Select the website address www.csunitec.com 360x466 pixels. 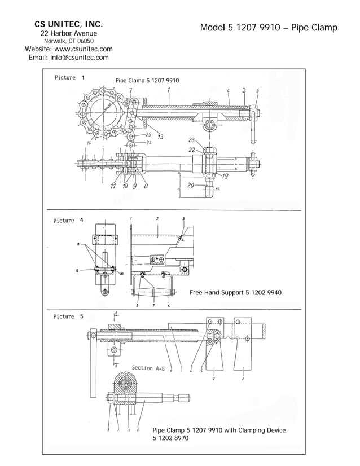click(83, 49)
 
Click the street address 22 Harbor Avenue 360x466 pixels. click(68, 33)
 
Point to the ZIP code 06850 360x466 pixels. click(85, 41)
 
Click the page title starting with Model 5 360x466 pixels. click(268, 28)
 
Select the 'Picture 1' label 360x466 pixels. click(69, 77)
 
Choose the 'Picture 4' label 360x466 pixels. click(69, 221)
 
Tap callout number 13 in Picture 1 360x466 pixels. click(160, 137)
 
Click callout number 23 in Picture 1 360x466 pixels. click(191, 140)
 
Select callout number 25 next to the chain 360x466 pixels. click(148, 134)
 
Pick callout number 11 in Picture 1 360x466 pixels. click(113, 186)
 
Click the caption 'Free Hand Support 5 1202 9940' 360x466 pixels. click(235, 293)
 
